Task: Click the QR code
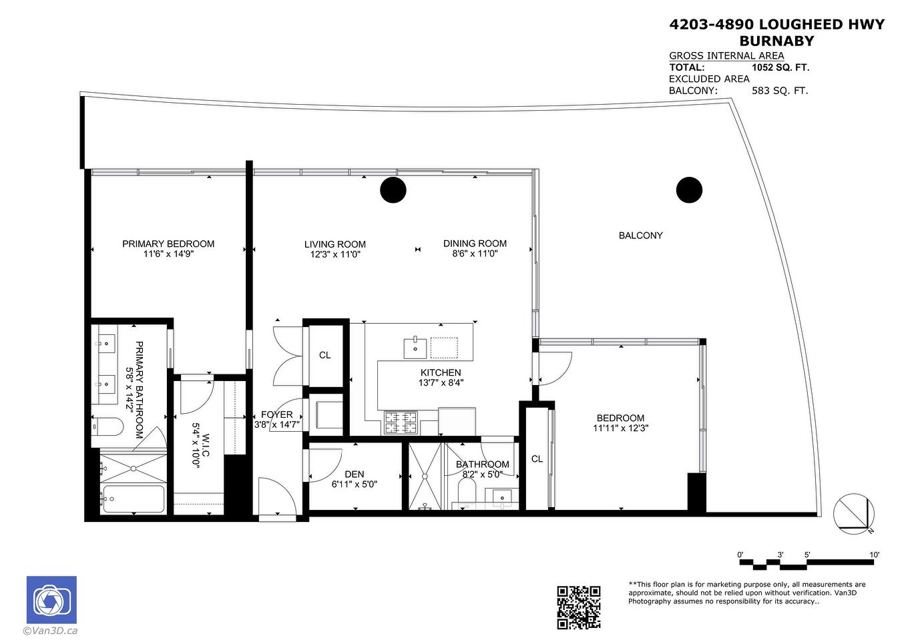click(x=578, y=607)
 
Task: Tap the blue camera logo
click(x=51, y=599)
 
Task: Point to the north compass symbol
click(x=854, y=515)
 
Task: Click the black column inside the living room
click(x=393, y=190)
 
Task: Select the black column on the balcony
click(x=689, y=190)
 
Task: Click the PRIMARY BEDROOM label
click(x=168, y=244)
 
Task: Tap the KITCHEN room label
click(x=441, y=372)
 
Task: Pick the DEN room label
click(x=355, y=474)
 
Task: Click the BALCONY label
click(x=640, y=235)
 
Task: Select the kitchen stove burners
click(x=401, y=422)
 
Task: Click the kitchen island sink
click(x=415, y=348)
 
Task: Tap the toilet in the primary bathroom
click(x=107, y=426)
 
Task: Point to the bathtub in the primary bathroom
click(x=133, y=499)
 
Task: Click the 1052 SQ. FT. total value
click(x=780, y=67)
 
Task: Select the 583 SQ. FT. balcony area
click(x=780, y=90)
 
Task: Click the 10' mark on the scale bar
click(x=875, y=555)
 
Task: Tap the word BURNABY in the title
click(x=776, y=41)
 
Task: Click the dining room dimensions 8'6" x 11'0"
click(x=475, y=254)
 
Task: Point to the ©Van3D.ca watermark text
click(x=50, y=631)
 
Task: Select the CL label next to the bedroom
click(x=537, y=458)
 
